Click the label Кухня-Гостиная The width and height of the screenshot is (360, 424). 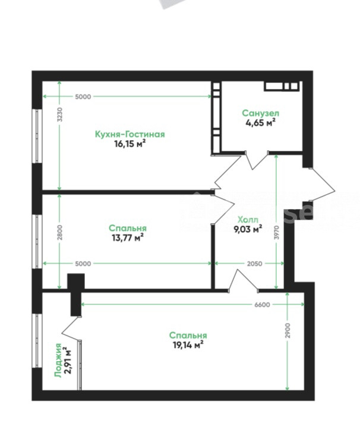130,134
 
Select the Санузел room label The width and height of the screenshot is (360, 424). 260,113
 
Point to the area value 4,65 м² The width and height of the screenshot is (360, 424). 260,122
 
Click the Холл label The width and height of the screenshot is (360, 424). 248,219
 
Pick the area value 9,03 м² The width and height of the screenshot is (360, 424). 248,229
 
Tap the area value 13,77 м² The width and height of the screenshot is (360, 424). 128,238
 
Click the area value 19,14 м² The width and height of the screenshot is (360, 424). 188,345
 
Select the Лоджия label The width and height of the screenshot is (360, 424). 58,360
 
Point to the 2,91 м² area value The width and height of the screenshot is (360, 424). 68,360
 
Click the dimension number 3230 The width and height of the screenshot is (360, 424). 60,115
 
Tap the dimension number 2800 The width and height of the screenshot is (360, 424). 60,232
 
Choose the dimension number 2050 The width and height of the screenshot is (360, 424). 254,264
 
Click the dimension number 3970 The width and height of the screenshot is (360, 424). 276,232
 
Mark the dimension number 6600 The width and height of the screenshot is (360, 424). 262,305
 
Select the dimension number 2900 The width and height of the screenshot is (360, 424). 288,330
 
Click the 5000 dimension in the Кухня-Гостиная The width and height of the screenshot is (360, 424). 83,97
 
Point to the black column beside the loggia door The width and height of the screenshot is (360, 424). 76,294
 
